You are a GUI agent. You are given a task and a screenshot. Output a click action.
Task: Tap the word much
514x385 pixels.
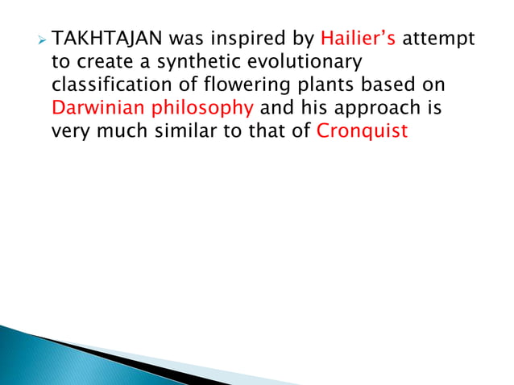point(122,130)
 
